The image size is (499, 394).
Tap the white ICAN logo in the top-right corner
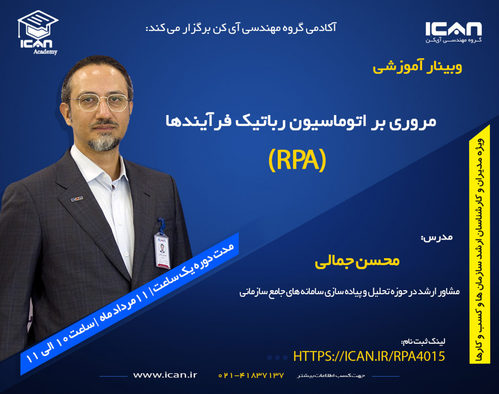coord(453,32)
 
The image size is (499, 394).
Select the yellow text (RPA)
coord(296,160)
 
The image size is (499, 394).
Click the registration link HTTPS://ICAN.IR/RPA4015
coord(369,356)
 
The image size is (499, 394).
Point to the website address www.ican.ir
coord(165,375)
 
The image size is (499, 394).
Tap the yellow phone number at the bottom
coord(251,375)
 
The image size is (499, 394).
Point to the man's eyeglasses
coord(99,102)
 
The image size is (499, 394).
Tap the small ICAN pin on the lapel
coord(77,199)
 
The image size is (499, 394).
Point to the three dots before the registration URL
coord(277,357)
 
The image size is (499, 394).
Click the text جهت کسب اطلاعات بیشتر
coord(331,376)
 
